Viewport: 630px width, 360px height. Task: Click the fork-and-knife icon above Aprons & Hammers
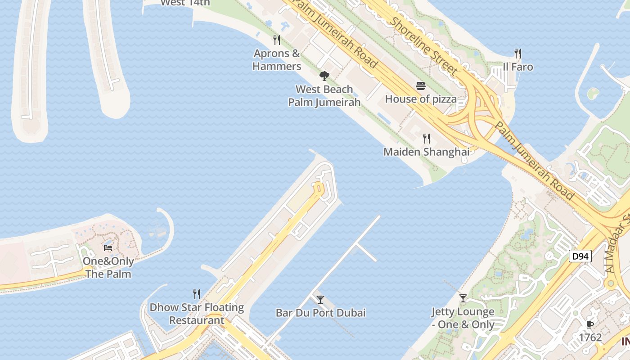click(x=277, y=40)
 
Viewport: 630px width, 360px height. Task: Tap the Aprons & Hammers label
click(x=276, y=60)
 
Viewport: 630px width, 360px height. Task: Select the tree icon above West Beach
click(x=324, y=76)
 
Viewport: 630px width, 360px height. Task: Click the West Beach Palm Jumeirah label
click(x=324, y=96)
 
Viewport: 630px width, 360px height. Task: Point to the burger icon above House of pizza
click(x=421, y=86)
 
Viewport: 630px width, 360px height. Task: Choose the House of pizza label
click(x=421, y=99)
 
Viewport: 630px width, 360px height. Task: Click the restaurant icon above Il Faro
click(x=518, y=54)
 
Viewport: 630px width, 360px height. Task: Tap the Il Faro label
click(x=518, y=67)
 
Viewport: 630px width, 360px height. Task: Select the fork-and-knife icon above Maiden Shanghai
click(x=426, y=139)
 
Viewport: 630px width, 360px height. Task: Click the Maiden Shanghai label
click(x=426, y=152)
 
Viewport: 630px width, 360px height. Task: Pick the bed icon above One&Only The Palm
click(x=108, y=247)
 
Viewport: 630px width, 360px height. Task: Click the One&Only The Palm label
click(x=108, y=268)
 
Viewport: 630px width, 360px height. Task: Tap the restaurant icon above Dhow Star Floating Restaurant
click(x=197, y=294)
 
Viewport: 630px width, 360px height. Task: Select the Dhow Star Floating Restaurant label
click(x=197, y=314)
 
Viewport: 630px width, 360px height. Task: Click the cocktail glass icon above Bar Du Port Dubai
click(x=320, y=299)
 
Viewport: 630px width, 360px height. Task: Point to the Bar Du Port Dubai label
click(x=320, y=313)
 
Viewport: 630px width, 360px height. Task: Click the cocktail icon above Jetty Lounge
click(x=463, y=298)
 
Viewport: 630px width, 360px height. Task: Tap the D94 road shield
click(x=580, y=256)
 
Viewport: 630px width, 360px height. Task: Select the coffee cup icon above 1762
click(x=590, y=324)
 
